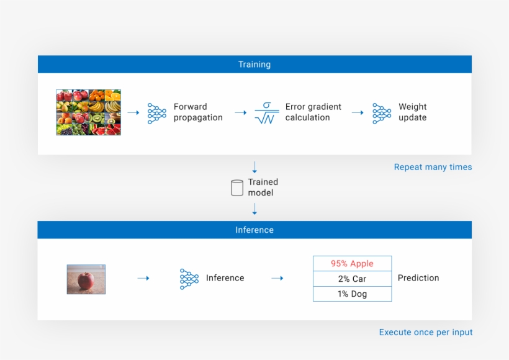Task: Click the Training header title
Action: (x=254, y=65)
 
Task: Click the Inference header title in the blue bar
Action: (x=254, y=230)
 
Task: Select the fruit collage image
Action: (x=88, y=112)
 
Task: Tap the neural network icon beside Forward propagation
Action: (x=157, y=113)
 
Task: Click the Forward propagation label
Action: (x=198, y=112)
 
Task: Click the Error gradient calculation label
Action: (x=313, y=112)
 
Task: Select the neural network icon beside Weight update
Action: (x=382, y=113)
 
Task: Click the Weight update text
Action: (x=412, y=112)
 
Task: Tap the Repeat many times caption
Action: (x=433, y=167)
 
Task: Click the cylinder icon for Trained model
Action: (x=237, y=187)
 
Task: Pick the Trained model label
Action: (x=263, y=187)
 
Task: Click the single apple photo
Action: (x=86, y=279)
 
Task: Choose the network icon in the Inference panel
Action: (x=189, y=279)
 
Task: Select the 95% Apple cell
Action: (x=352, y=263)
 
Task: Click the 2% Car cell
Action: (x=352, y=279)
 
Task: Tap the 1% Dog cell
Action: (x=352, y=294)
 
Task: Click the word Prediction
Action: (x=418, y=278)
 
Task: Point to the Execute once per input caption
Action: (x=426, y=333)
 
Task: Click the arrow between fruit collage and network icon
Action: (x=133, y=113)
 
